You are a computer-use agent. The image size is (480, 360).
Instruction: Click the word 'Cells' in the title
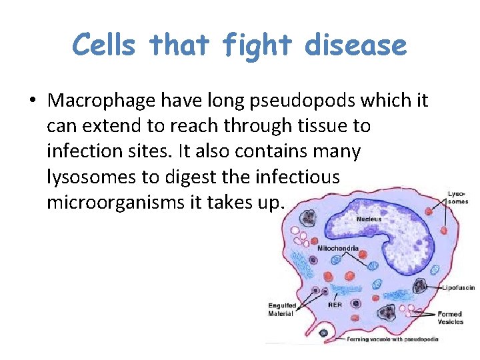pos(105,45)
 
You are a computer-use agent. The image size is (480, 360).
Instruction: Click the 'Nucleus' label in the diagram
pos(369,219)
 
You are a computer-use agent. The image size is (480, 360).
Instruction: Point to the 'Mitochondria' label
pos(338,248)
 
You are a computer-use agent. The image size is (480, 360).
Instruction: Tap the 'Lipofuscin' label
pos(459,288)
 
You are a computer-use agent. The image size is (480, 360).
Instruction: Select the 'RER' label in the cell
pos(335,305)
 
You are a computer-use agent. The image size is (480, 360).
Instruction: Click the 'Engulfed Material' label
pos(283,310)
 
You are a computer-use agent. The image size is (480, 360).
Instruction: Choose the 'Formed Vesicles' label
pos(450,317)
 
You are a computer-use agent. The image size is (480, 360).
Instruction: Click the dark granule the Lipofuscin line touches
pos(420,286)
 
